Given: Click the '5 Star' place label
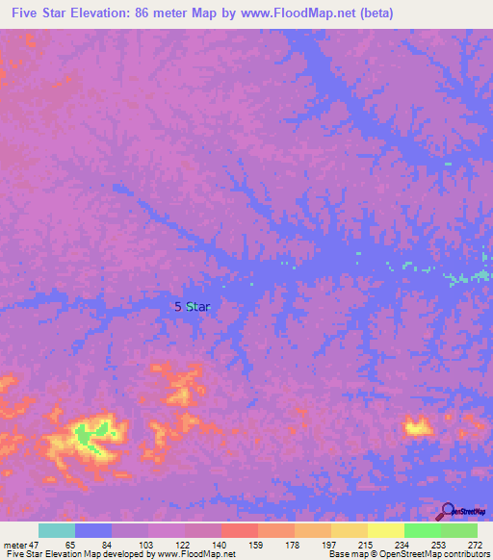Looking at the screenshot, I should (x=192, y=306).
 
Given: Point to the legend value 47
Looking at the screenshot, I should (x=38, y=544).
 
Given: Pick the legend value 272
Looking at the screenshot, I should (x=474, y=544).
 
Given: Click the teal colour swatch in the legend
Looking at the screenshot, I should (x=57, y=530).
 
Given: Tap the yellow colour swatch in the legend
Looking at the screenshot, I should (x=385, y=530).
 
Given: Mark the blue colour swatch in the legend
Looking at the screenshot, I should (x=93, y=530).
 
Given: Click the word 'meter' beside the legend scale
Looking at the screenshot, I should (x=14, y=544).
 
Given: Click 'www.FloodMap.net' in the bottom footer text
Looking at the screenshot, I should (x=192, y=554).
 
